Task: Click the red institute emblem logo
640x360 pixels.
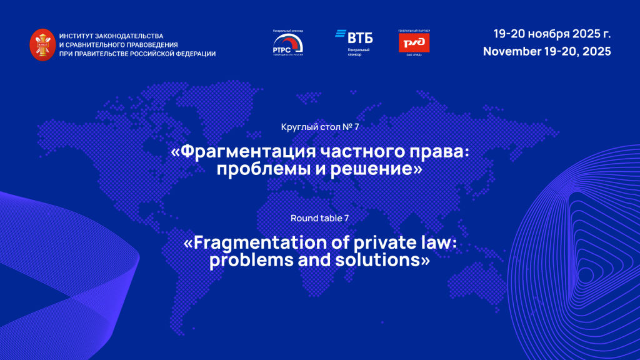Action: (42, 44)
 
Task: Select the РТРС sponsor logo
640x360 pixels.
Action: (288, 44)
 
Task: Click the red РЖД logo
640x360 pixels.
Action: (414, 42)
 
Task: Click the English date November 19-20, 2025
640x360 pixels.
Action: (547, 51)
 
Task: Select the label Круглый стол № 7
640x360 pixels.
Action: (321, 127)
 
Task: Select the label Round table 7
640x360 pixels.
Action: (320, 218)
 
